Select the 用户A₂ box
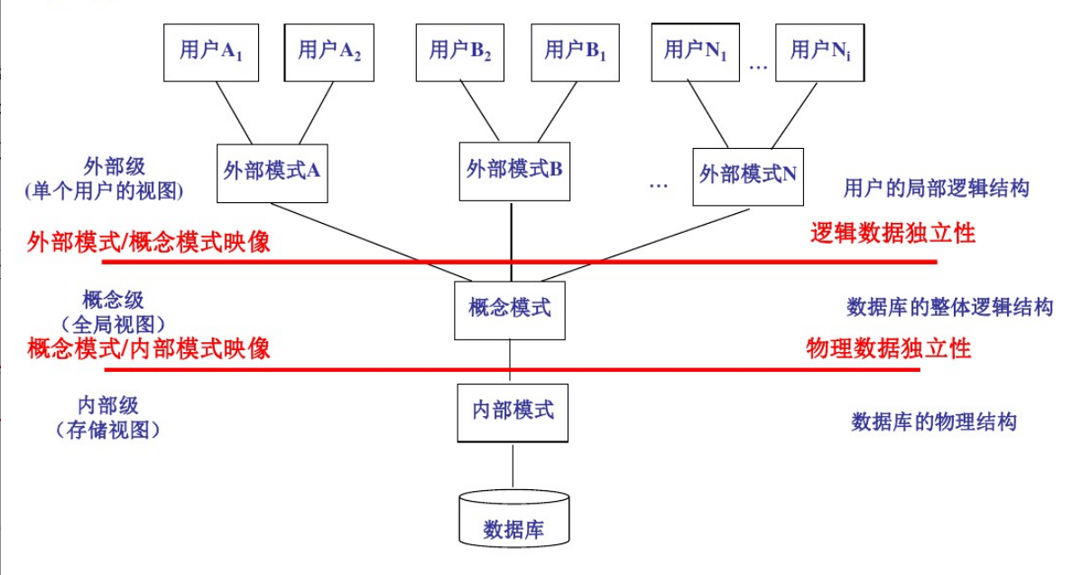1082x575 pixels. pos(328,51)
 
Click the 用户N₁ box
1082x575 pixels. pos(696,51)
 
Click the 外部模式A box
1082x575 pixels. pos(273,172)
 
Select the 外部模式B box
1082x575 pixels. pos(513,168)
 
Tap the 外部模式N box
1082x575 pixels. pos(748,175)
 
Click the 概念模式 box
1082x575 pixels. pos(511,309)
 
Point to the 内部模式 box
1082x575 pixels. pos(513,412)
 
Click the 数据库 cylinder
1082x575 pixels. pos(513,521)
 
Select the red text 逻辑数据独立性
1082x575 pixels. pos(892,234)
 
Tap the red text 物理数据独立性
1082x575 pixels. pos(888,348)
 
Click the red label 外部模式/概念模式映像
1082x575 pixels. pos(149,242)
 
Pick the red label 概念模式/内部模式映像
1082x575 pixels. pos(149,348)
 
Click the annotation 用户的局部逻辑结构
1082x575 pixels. pos(936,189)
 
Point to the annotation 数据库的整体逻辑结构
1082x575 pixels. pos(949,308)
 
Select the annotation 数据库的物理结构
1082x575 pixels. pos(934,422)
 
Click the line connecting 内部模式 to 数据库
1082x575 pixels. pos(513,465)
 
